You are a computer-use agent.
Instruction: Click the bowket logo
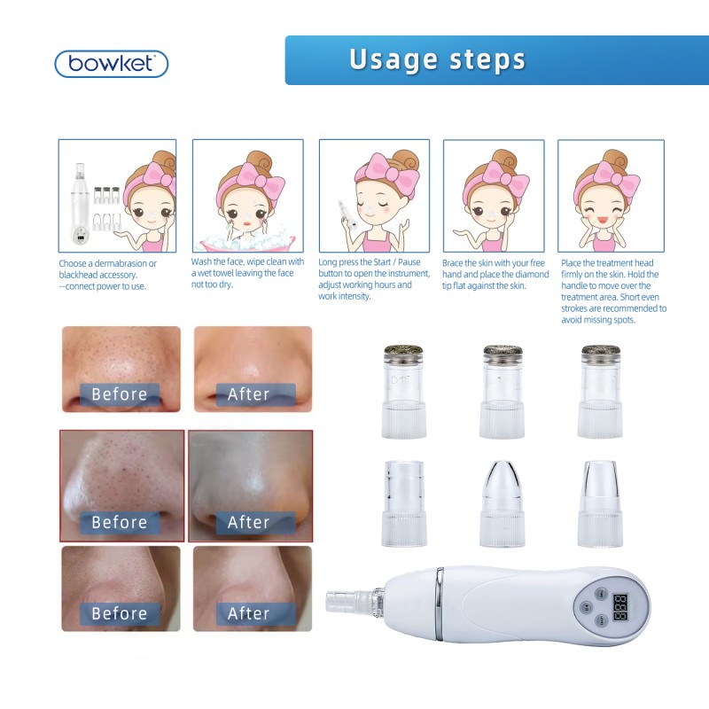[111, 64]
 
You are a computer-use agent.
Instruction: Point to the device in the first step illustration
[81, 207]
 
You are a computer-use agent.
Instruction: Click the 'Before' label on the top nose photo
[119, 393]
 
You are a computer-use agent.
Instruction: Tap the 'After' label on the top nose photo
[248, 393]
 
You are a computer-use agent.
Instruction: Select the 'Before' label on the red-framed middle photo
[119, 522]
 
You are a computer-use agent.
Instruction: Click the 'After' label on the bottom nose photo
[248, 613]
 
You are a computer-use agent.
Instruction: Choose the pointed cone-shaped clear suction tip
[502, 501]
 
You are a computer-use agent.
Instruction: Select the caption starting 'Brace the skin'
[496, 274]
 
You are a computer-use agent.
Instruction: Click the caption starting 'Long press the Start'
[371, 279]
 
